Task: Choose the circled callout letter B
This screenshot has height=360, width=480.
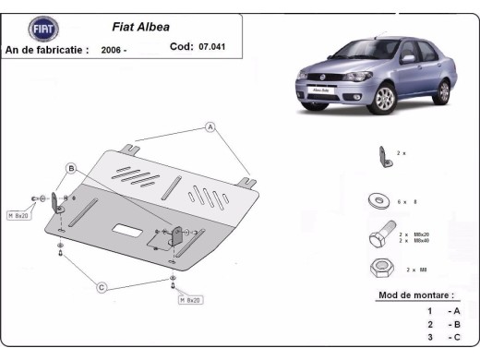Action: tap(71, 168)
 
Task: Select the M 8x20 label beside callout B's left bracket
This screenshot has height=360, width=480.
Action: tap(19, 215)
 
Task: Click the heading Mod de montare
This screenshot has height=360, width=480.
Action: tap(416, 295)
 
